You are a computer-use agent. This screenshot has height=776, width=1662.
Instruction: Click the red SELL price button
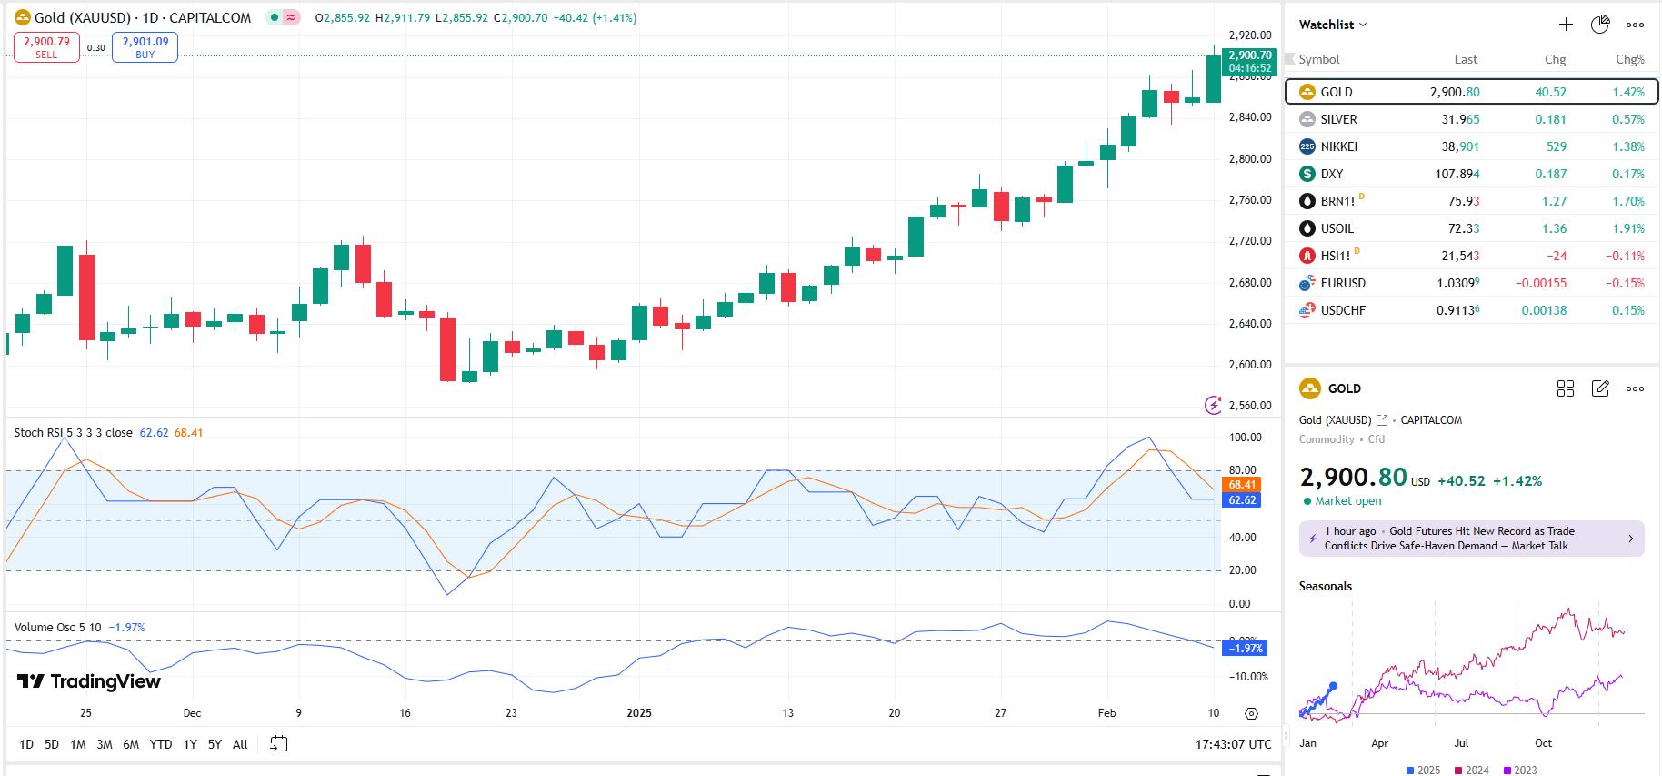(46, 47)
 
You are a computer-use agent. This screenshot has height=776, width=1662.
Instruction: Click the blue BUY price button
(145, 47)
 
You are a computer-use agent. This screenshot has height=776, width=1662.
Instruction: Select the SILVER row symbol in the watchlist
(1338, 119)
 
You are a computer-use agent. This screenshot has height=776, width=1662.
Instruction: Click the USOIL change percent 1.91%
(1627, 228)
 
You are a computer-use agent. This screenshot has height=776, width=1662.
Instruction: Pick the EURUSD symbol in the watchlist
(1343, 283)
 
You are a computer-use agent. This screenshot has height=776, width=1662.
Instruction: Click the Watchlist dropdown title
(1332, 25)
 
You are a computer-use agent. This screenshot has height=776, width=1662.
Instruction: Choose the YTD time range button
(161, 744)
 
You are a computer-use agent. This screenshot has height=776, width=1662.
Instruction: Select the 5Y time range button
(215, 744)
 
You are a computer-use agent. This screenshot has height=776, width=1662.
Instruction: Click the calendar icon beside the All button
(279, 744)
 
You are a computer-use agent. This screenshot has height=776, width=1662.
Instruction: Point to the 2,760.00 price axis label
(1250, 200)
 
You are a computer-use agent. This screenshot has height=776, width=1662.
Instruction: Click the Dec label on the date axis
(192, 713)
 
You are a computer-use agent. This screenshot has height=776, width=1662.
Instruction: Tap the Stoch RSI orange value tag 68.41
(1242, 485)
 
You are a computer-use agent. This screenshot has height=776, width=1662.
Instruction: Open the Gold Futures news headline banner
(1470, 539)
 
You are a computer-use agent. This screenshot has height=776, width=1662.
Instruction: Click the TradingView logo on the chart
(89, 681)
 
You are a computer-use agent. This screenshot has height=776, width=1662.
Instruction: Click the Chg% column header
(1629, 59)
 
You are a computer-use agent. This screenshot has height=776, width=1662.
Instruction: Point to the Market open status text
(1347, 501)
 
